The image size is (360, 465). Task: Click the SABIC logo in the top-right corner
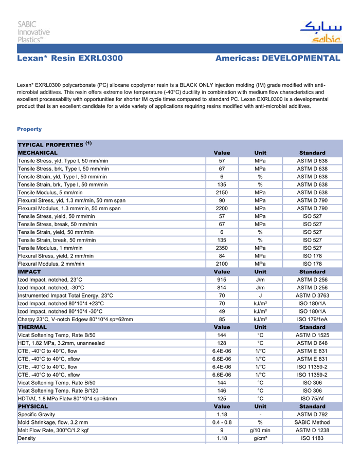point(320,32)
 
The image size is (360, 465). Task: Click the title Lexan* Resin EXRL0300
point(70,59)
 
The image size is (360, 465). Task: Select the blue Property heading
point(29,129)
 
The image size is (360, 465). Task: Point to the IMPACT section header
point(29,271)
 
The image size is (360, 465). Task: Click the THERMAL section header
point(32,327)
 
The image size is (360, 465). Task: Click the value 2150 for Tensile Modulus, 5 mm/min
point(222,192)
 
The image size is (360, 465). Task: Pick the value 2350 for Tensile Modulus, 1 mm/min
point(222,248)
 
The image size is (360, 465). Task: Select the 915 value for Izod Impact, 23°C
point(222,280)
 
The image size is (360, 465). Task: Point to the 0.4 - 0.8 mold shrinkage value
point(222,422)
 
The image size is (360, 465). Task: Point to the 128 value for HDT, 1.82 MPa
point(222,343)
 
